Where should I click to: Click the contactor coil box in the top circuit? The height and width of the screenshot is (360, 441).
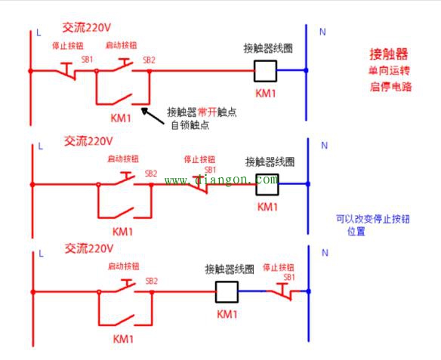click(x=265, y=71)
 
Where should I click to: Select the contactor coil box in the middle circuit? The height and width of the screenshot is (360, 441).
click(x=268, y=182)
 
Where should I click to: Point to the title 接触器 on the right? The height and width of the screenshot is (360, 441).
click(x=388, y=54)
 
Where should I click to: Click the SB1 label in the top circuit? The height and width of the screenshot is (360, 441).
click(x=88, y=60)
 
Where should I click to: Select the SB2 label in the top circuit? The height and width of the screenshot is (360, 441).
click(x=149, y=60)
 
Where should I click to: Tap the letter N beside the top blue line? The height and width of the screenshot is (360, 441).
click(x=322, y=32)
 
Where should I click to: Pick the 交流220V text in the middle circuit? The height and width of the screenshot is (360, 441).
click(x=88, y=140)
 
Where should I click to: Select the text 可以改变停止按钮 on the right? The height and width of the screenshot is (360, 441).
click(x=372, y=220)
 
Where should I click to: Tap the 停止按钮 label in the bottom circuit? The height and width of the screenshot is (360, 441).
click(x=278, y=268)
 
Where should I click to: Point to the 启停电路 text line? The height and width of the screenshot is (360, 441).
click(x=390, y=87)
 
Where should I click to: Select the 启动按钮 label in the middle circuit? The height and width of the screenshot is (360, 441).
click(x=122, y=159)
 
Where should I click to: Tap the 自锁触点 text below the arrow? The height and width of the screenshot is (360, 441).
click(x=190, y=125)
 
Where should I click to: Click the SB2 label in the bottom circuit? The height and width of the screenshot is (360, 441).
click(x=151, y=281)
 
